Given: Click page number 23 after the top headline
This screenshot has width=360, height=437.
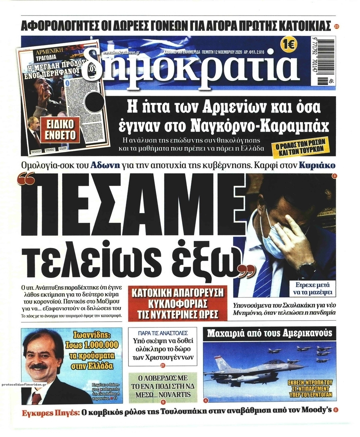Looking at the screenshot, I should pyautogui.click(x=337, y=27).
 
